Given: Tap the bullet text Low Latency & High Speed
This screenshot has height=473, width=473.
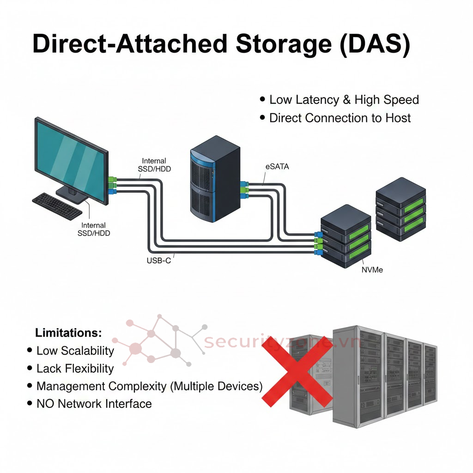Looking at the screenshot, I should coord(344,100).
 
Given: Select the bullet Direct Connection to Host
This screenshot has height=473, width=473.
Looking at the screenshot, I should coord(340,118).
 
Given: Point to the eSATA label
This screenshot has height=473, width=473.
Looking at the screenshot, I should coord(277,167).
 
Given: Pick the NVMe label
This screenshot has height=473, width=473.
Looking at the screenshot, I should coord(372,270).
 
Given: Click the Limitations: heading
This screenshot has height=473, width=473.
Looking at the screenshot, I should coord(68,333).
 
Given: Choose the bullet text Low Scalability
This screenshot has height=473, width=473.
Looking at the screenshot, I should coord(75,351).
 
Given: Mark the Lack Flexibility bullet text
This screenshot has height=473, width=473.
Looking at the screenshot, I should coord(75,369).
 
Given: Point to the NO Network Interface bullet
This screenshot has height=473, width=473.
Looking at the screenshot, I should coord(94,404).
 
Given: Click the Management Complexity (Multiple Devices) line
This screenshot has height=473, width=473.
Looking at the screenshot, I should coord(149,386).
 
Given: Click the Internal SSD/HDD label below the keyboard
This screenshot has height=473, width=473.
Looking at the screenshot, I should coord(94,230).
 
